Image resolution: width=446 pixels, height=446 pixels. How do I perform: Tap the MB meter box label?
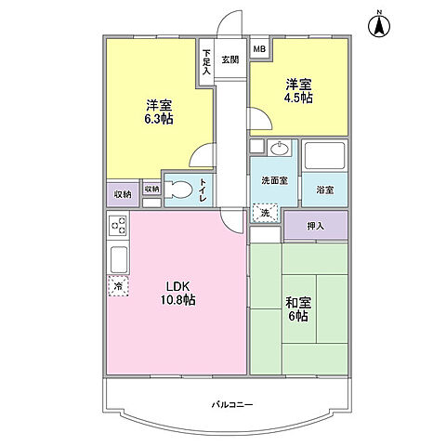pos(259,49)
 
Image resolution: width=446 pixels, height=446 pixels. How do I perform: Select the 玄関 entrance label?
pos(230,59)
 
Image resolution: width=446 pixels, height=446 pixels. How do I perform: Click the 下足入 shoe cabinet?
pos(206,61)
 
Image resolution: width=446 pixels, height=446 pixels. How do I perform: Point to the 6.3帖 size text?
pos(159,119)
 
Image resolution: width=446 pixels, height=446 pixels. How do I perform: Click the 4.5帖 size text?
pos(298,98)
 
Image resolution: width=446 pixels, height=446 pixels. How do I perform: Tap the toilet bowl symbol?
pos(177,190)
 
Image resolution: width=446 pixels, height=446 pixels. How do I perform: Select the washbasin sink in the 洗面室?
pos(280,148)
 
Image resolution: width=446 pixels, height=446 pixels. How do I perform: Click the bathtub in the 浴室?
pos(324,155)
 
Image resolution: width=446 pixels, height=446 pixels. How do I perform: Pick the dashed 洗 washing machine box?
pos(265,213)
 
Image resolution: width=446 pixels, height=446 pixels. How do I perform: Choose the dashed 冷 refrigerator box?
pos(118,286)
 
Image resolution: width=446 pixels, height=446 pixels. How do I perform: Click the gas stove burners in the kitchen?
pos(119,226)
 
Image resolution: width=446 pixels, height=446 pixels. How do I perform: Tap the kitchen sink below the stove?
pos(119,259)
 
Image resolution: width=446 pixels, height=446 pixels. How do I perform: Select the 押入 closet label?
pos(316,226)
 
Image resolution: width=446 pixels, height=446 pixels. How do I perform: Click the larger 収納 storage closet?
pos(123,194)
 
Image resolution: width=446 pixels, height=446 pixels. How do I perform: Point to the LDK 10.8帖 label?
pos(177,294)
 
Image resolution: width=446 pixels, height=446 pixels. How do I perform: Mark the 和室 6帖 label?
pos(298,309)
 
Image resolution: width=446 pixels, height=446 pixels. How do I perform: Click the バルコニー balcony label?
pos(232,404)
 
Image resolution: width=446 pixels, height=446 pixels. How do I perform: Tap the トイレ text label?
pos(203,190)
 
